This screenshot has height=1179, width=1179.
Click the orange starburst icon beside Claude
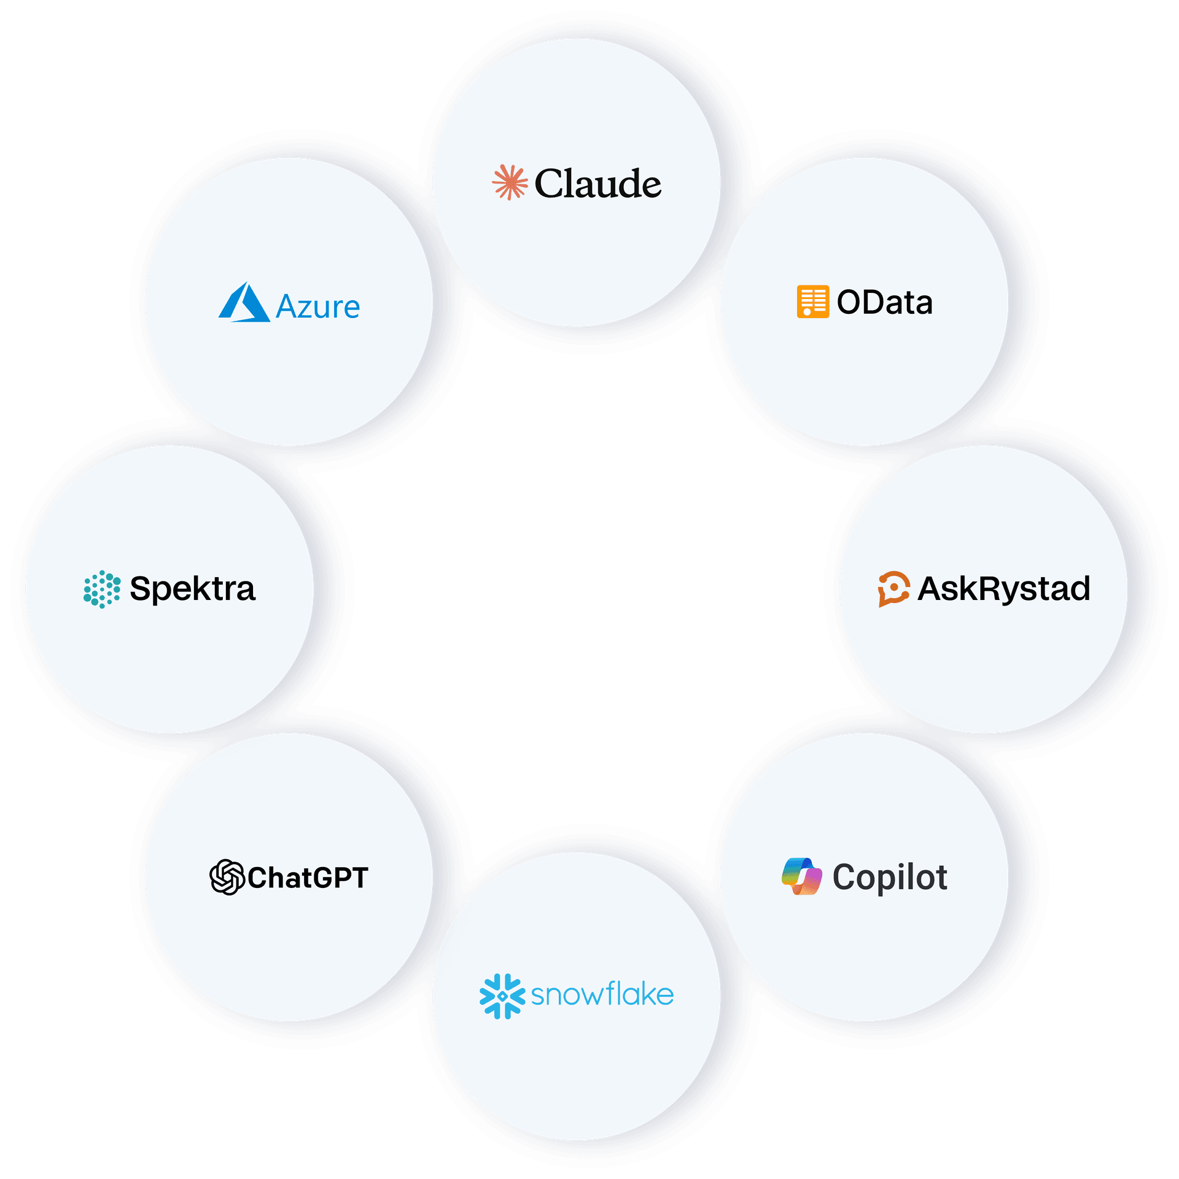click(510, 182)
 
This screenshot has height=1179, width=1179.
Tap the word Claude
click(597, 184)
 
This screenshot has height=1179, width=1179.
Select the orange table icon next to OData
click(812, 302)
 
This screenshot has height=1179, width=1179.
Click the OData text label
click(884, 302)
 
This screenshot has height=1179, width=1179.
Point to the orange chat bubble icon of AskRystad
click(893, 589)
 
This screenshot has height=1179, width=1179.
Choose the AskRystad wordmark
click(1003, 589)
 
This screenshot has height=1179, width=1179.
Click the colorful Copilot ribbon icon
click(801, 876)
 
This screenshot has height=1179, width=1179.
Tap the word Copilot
click(889, 877)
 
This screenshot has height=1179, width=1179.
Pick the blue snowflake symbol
click(502, 996)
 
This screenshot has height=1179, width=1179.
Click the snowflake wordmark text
click(602, 995)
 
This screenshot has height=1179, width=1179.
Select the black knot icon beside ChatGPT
click(227, 877)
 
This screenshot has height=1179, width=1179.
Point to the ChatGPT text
click(308, 877)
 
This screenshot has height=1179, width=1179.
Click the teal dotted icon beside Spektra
click(102, 589)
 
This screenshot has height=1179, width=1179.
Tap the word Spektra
click(192, 589)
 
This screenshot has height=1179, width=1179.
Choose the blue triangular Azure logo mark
click(244, 302)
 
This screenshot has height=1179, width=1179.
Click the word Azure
click(317, 306)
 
